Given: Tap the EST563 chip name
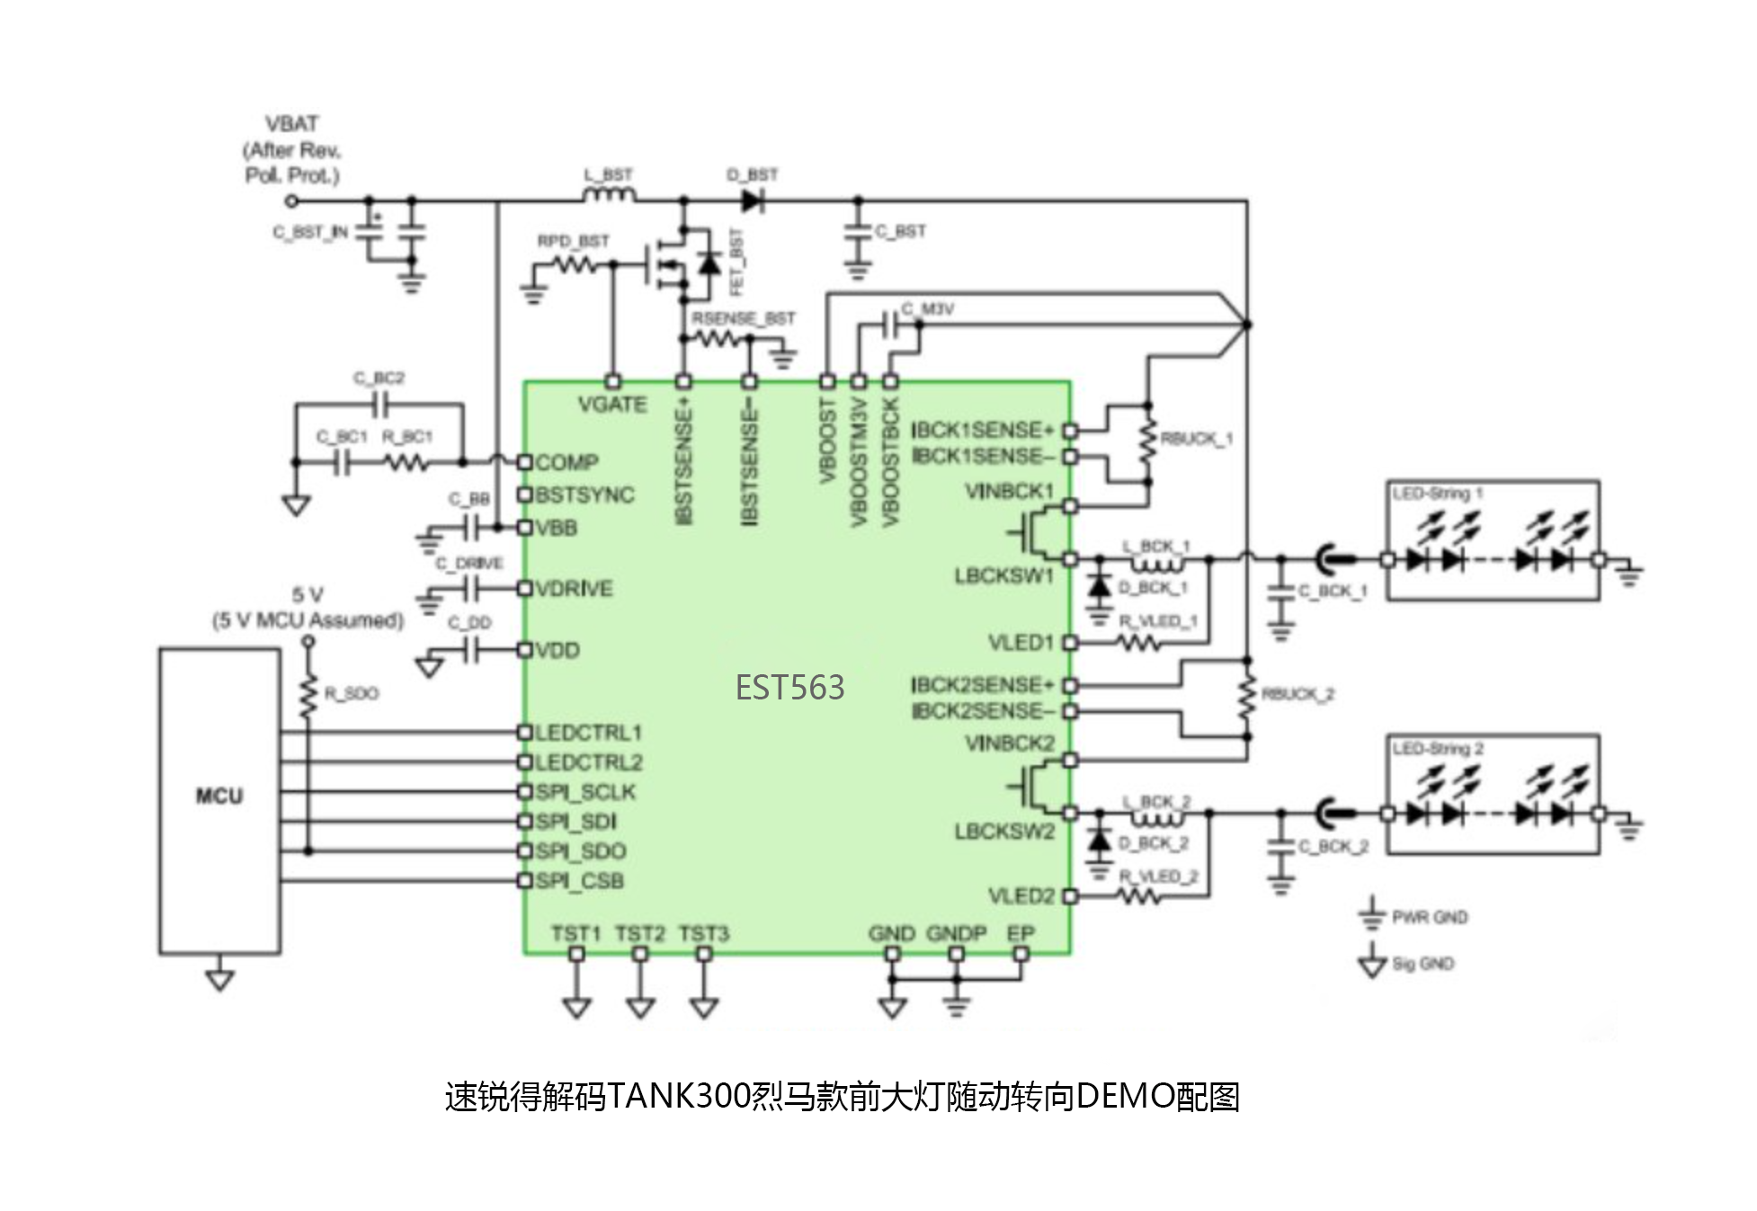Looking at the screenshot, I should click(789, 688).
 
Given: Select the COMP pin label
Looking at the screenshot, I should click(566, 462).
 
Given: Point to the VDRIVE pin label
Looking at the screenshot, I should click(574, 589).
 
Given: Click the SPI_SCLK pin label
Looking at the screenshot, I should click(584, 792).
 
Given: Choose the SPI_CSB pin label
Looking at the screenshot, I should click(579, 881).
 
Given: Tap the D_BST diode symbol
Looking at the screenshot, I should click(753, 200).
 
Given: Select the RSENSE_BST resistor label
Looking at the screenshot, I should click(743, 318).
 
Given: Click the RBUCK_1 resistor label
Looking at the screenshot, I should click(1196, 439).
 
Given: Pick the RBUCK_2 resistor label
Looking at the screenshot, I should click(1298, 694).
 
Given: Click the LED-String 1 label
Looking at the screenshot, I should click(1437, 494).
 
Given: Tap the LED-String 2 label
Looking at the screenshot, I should click(1437, 749).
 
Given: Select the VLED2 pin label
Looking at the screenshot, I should click(1021, 896).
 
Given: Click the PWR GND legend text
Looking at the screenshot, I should click(1429, 917).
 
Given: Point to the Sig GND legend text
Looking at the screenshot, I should click(1423, 964).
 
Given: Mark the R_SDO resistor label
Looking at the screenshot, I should click(352, 693).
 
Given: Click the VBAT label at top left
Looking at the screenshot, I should click(291, 124).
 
